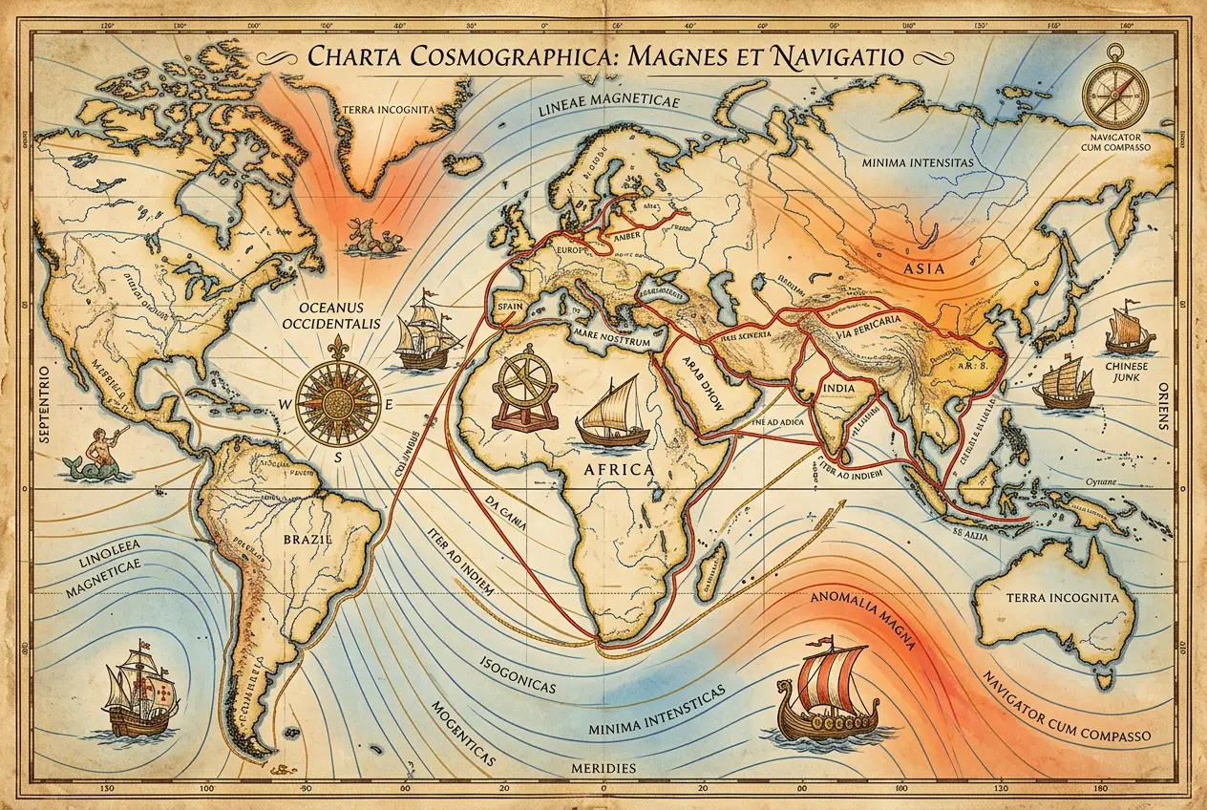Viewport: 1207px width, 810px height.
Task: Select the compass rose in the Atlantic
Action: pyautogui.click(x=338, y=404)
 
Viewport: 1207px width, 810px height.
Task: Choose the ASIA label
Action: pyautogui.click(x=923, y=268)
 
